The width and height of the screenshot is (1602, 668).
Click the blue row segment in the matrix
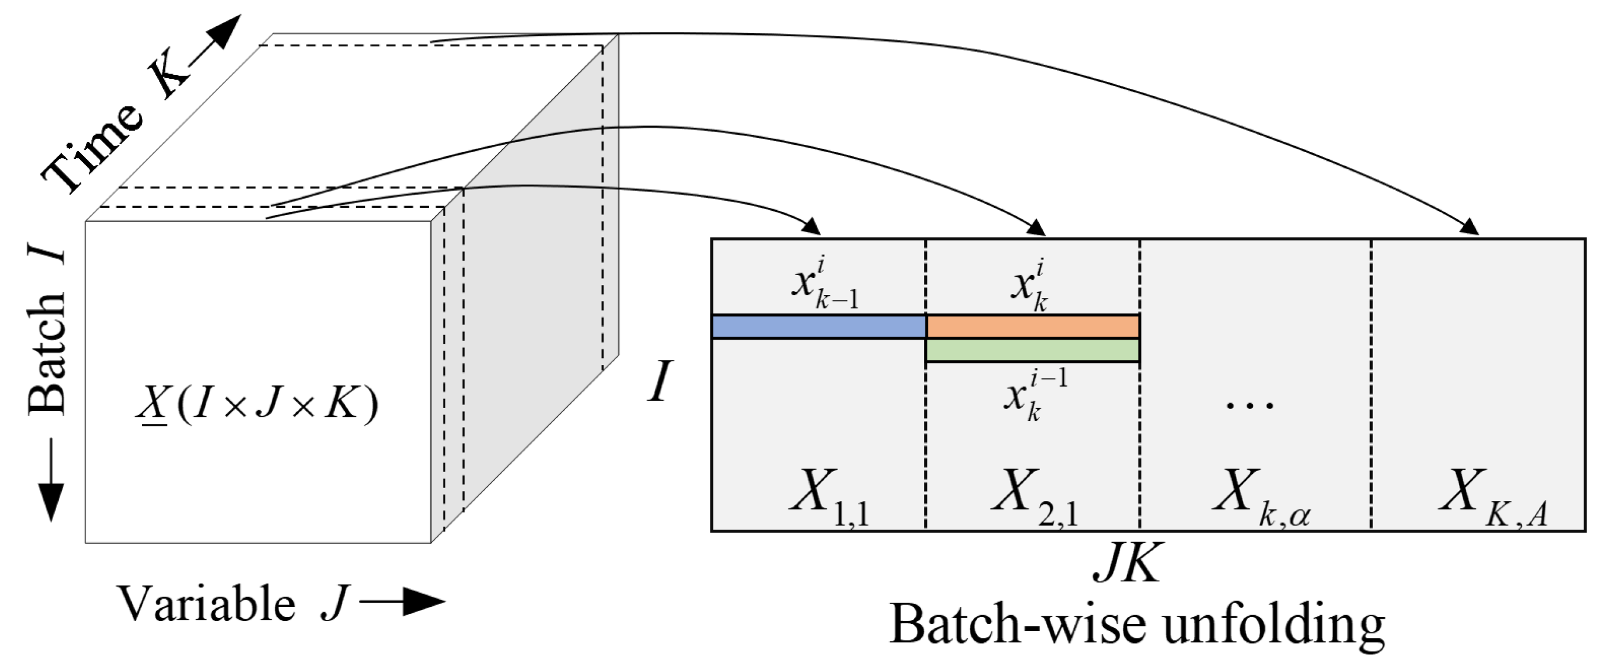click(x=819, y=327)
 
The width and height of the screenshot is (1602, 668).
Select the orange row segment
click(x=1032, y=326)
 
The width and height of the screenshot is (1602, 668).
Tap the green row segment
click(x=1032, y=350)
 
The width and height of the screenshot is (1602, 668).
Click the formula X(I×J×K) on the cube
click(x=258, y=405)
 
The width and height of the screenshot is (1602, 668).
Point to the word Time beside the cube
click(x=93, y=147)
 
